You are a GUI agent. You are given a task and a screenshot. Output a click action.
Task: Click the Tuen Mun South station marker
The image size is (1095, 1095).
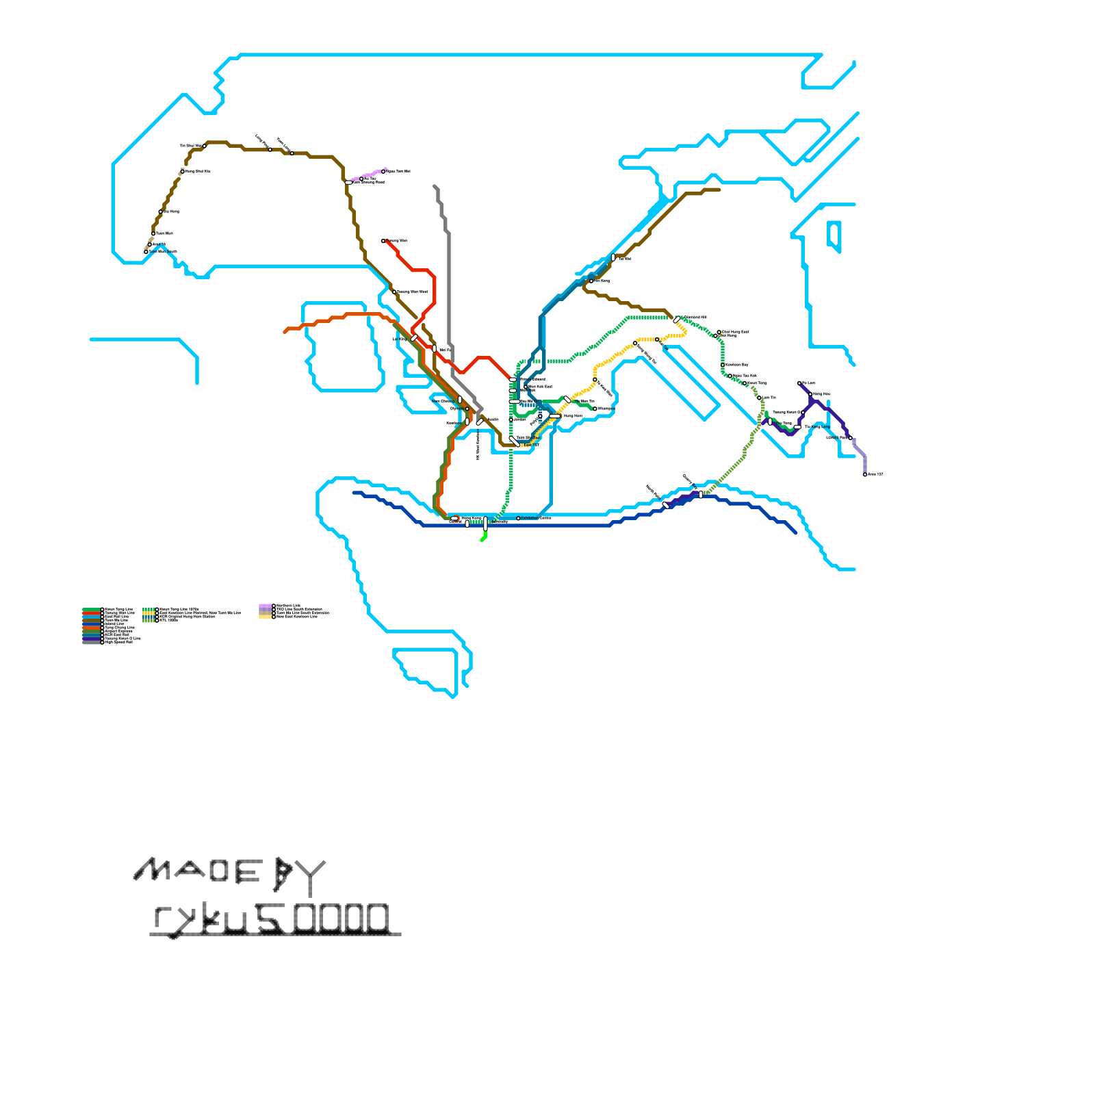pyautogui.click(x=146, y=252)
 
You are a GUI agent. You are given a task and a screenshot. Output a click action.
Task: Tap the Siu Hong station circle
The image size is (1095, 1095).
pyautogui.click(x=161, y=211)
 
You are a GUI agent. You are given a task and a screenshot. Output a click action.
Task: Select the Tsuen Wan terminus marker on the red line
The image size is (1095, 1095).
pyautogui.click(x=383, y=241)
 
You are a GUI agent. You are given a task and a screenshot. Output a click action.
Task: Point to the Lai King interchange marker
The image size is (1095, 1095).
pyautogui.click(x=414, y=338)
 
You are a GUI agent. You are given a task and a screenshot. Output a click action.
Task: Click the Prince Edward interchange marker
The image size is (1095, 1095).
pyautogui.click(x=513, y=379)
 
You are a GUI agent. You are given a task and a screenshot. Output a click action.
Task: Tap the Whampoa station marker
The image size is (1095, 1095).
pyautogui.click(x=595, y=409)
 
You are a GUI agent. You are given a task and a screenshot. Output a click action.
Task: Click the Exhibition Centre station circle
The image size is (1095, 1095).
pyautogui.click(x=518, y=518)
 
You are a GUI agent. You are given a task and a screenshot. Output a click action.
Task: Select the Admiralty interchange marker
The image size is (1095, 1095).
pyautogui.click(x=485, y=523)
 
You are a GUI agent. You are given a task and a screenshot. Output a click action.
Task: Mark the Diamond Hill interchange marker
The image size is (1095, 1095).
pyautogui.click(x=677, y=319)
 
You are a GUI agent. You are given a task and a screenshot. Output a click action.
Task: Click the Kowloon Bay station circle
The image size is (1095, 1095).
pyautogui.click(x=723, y=365)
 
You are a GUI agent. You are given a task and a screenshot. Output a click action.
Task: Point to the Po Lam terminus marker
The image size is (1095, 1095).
pyautogui.click(x=799, y=383)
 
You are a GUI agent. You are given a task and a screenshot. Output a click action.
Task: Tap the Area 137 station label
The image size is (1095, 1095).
pyautogui.click(x=875, y=474)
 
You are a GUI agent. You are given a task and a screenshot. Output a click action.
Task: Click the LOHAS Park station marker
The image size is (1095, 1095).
pyautogui.click(x=851, y=438)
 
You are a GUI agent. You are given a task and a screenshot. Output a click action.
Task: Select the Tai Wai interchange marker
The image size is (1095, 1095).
pyautogui.click(x=613, y=258)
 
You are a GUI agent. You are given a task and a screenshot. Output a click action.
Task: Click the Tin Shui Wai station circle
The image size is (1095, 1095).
pyautogui.click(x=205, y=146)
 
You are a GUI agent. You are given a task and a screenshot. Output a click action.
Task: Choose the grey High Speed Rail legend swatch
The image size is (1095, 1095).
pyautogui.click(x=92, y=642)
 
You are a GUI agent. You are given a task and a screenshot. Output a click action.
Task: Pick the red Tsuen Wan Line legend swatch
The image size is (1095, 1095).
pyautogui.click(x=92, y=613)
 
